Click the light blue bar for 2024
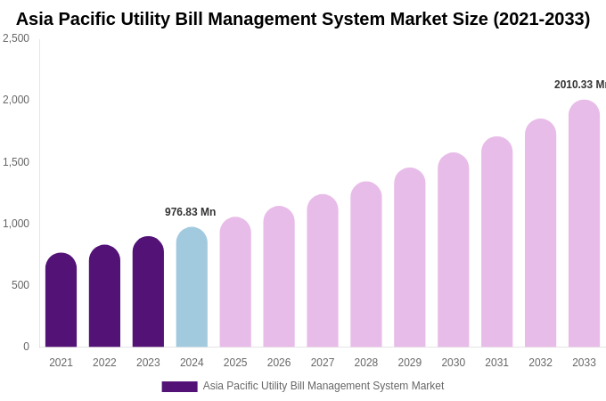pyautogui.click(x=192, y=287)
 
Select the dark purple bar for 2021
pyautogui.click(x=61, y=300)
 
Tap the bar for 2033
pyautogui.click(x=584, y=224)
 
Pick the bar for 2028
pyautogui.click(x=365, y=265)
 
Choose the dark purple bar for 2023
pyautogui.click(x=148, y=291)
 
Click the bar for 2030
pyautogui.click(x=453, y=250)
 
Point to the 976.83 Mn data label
pyautogui.click(x=190, y=212)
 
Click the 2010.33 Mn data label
pyautogui.click(x=579, y=85)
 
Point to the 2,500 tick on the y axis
pyautogui.click(x=16, y=38)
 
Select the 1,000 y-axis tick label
pyautogui.click(x=16, y=224)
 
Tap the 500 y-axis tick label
pyautogui.click(x=20, y=285)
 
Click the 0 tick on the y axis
pyautogui.click(x=26, y=347)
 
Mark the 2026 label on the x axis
pyautogui.click(x=279, y=363)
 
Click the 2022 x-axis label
pyautogui.click(x=104, y=363)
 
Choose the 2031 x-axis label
pyautogui.click(x=496, y=363)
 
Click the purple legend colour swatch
pyautogui.click(x=179, y=387)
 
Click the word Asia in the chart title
pyautogui.click(x=37, y=19)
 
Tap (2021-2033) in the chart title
pyautogui.click(x=541, y=19)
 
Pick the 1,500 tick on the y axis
pyautogui.click(x=16, y=162)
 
